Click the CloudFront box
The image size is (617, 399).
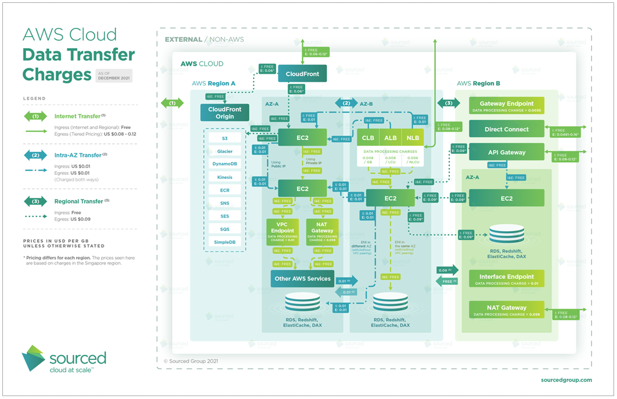tap(302, 74)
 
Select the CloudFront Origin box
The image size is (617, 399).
tap(225, 112)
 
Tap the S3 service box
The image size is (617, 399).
tap(225, 138)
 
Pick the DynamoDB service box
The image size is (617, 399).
tap(225, 164)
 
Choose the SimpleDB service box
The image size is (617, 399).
tap(225, 241)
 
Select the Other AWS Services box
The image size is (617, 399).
tap(302, 278)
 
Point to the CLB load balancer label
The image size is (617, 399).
tap(368, 138)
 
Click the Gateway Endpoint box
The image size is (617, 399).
tap(507, 105)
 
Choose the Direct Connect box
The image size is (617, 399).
tap(507, 129)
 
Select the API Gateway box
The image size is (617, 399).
tap(507, 152)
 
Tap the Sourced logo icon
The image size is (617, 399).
tap(33, 358)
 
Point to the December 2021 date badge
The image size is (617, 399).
tap(114, 75)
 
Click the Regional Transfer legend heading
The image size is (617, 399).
tap(78, 202)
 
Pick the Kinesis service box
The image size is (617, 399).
tap(225, 177)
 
